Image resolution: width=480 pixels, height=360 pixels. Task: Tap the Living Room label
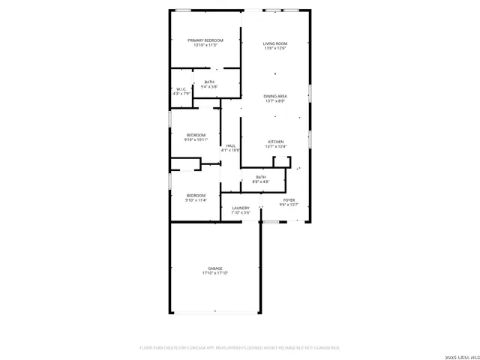click(275, 43)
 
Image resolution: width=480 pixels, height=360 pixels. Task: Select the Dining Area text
click(275, 96)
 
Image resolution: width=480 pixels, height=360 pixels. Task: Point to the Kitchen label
click(275, 142)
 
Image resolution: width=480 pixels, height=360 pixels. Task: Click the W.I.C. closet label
click(181, 88)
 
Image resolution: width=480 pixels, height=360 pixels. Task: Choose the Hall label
click(230, 145)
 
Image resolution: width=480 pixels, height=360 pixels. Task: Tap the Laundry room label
click(241, 208)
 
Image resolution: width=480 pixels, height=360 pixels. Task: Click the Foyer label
click(289, 199)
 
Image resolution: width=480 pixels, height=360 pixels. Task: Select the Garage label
click(215, 268)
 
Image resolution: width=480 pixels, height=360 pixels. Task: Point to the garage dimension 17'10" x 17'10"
click(215, 273)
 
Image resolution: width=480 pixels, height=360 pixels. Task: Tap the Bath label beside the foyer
click(260, 177)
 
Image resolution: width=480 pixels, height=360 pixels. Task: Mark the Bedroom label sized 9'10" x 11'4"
click(196, 195)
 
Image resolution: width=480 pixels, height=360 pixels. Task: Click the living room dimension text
click(275, 49)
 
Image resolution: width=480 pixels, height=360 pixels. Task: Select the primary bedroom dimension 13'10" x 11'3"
click(205, 45)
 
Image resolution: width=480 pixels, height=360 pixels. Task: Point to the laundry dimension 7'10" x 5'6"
click(241, 213)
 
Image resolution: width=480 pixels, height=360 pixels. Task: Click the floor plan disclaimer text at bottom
click(240, 347)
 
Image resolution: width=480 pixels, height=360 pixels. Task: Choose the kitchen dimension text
click(275, 147)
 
